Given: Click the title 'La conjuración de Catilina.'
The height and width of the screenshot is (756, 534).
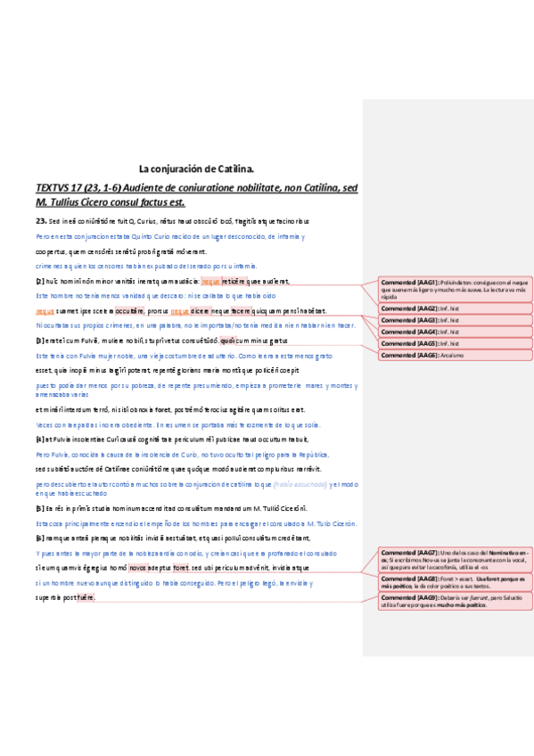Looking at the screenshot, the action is tap(197, 168).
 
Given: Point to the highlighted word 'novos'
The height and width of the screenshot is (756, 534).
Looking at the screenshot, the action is tap(137, 568).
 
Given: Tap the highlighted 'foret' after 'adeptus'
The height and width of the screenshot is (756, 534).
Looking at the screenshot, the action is tap(181, 568).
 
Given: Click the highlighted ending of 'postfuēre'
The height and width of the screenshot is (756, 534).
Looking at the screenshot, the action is tap(86, 597).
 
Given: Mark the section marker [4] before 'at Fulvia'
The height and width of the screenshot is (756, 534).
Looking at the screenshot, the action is tap(40, 439).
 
